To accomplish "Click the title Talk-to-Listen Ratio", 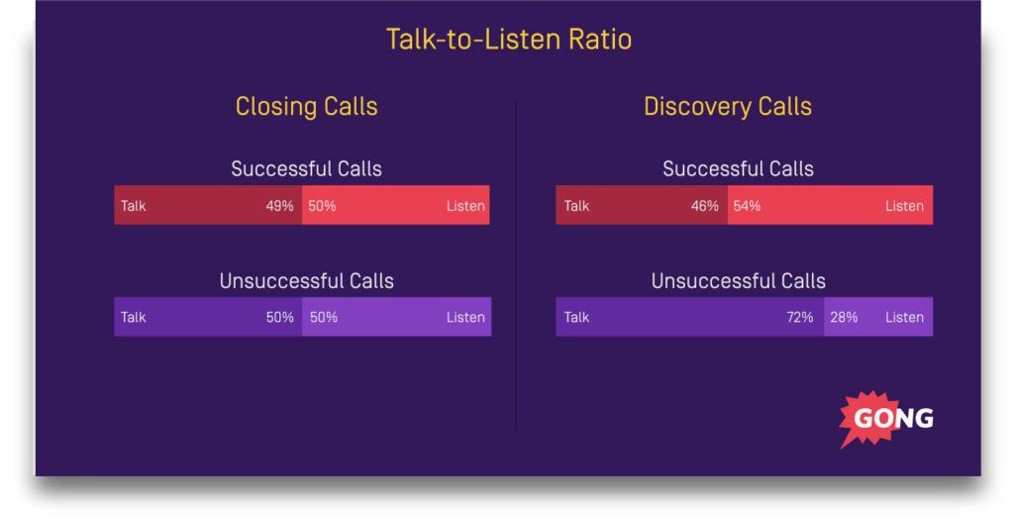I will click(x=508, y=40).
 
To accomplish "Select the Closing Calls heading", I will click(x=306, y=106).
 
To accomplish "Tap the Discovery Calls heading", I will click(x=727, y=106).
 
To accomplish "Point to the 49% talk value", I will click(x=279, y=206).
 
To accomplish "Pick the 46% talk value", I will click(x=704, y=206).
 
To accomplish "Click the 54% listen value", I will click(x=747, y=206).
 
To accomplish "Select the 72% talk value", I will click(x=799, y=317).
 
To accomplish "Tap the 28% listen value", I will click(x=844, y=317).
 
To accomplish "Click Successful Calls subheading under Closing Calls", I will click(x=306, y=168).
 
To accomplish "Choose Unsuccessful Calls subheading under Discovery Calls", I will click(x=738, y=281).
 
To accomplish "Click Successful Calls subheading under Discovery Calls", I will click(x=738, y=168).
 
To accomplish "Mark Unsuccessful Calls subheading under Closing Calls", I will click(x=306, y=281).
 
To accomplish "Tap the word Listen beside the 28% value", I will click(x=904, y=317).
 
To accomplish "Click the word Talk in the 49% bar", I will click(x=134, y=206).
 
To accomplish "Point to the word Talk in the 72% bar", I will click(x=576, y=317).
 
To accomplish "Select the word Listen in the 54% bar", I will click(x=904, y=206).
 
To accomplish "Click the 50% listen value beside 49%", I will click(x=322, y=206).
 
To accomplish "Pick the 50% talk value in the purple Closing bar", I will click(x=279, y=317).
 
